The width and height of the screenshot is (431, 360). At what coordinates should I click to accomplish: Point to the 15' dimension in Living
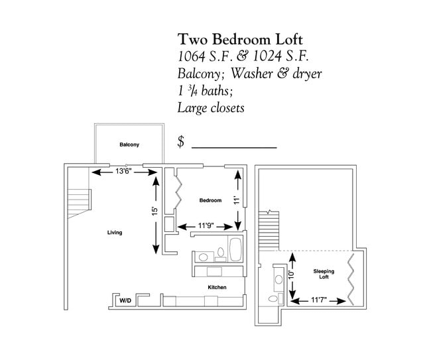click(x=154, y=211)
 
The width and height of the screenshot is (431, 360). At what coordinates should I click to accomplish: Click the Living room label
click(x=115, y=233)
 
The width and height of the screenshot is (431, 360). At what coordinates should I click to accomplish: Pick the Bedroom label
click(x=210, y=200)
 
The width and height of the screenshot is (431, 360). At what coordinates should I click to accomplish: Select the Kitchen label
click(x=217, y=287)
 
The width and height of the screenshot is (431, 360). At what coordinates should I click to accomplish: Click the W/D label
click(x=124, y=301)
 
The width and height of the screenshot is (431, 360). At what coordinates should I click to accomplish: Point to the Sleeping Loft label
click(x=324, y=274)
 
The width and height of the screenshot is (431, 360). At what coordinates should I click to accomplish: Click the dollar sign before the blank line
click(x=181, y=142)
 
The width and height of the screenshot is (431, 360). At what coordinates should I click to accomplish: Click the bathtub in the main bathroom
click(x=236, y=251)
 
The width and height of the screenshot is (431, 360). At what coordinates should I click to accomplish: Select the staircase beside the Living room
click(x=79, y=200)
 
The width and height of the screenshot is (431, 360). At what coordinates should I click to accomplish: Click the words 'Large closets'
click(x=211, y=107)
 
